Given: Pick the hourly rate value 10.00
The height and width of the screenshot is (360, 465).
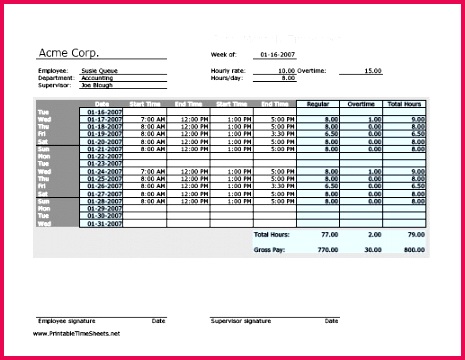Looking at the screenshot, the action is [286, 72].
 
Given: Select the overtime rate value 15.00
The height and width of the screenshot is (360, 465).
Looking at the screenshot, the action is [372, 72].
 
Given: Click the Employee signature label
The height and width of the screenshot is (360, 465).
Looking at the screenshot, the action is [62, 321].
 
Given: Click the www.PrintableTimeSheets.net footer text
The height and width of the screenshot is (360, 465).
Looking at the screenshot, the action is [79, 333].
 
